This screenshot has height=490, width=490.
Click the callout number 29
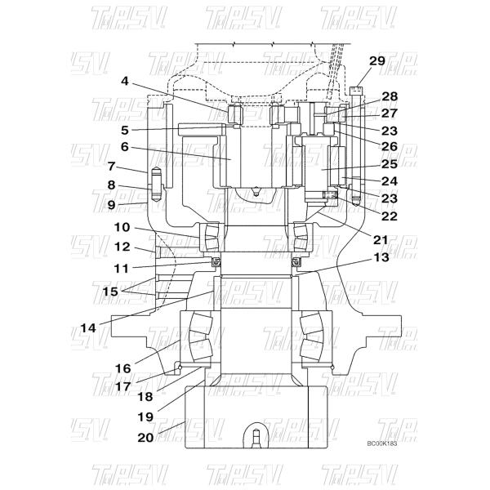(x=377, y=61)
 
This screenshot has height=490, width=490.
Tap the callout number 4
(x=125, y=81)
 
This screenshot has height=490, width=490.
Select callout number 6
(x=125, y=146)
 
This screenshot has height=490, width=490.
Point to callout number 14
(x=88, y=328)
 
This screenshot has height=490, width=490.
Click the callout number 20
(x=146, y=438)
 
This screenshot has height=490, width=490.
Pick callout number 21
(x=381, y=240)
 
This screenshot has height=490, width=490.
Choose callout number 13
(x=381, y=257)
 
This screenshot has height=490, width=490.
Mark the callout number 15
(x=110, y=292)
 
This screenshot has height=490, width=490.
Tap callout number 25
(x=390, y=164)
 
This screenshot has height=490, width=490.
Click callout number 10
(x=122, y=227)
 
